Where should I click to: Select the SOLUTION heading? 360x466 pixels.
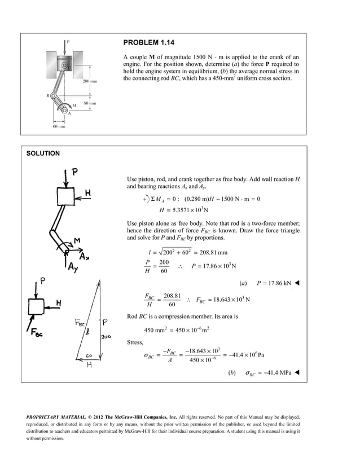[43, 153]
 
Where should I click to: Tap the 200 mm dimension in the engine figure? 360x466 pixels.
[90, 82]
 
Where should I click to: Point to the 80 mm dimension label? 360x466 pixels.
[89, 104]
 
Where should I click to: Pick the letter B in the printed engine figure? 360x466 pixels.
[49, 96]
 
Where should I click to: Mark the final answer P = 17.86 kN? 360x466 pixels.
[274, 283]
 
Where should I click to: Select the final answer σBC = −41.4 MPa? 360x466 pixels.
[269, 373]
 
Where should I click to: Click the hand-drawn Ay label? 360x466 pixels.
[73, 267]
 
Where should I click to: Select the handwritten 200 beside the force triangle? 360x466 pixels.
[106, 337]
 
